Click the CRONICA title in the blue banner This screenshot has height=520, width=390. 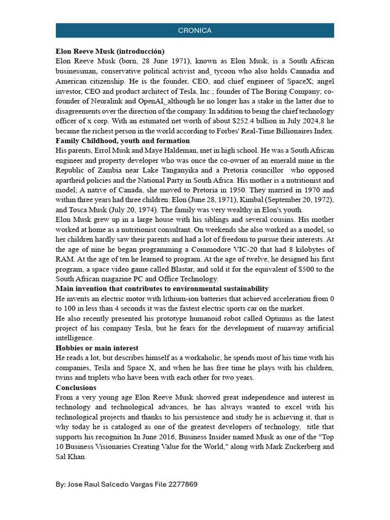coord(194,30)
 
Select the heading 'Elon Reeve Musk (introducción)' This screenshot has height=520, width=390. coord(110,51)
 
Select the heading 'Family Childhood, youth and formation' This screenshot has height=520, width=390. coord(123,141)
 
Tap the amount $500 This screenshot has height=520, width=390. coord(304,269)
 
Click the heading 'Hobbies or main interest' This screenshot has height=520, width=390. coord(97,348)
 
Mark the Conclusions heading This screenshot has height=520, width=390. coord(76,387)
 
